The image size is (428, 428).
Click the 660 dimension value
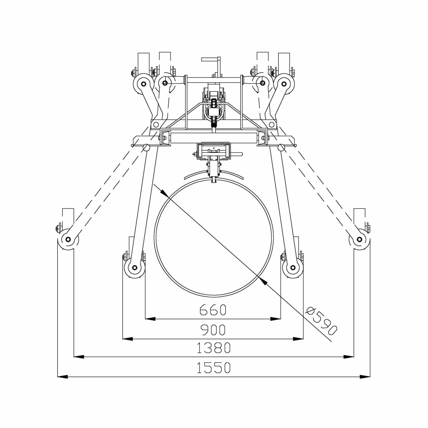pyautogui.click(x=213, y=310)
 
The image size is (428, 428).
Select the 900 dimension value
pyautogui.click(x=213, y=330)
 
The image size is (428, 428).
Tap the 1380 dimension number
pyautogui.click(x=214, y=348)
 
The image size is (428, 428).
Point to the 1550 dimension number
pyautogui.click(x=214, y=367)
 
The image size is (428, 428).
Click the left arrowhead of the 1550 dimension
pyautogui.click(x=62, y=377)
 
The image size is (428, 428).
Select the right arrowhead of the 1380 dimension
pyautogui.click(x=348, y=357)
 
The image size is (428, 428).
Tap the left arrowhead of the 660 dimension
pyautogui.click(x=150, y=319)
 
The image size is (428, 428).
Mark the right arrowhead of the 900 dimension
pyautogui.click(x=298, y=339)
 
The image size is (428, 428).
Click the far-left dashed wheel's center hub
pyautogui.click(x=68, y=239)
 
